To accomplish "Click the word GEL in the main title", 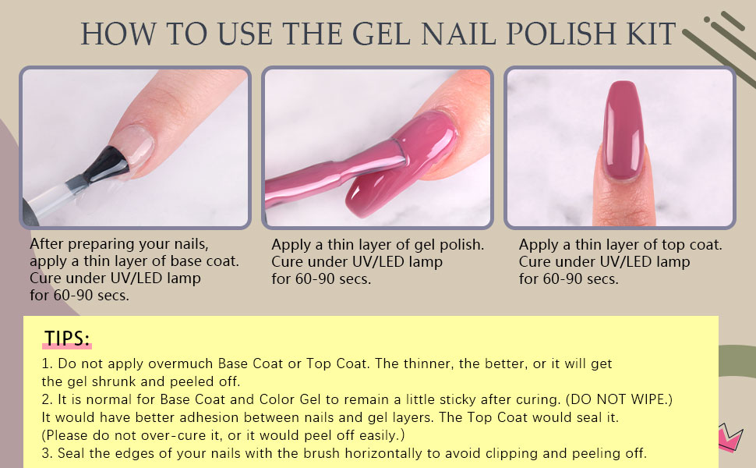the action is (381, 34).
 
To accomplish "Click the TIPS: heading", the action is (67, 339).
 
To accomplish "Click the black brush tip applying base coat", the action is (107, 165).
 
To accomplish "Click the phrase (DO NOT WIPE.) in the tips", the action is (619, 399).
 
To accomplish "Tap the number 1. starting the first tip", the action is (48, 363).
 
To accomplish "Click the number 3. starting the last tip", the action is (48, 453).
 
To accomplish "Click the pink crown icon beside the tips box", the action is (730, 436).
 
